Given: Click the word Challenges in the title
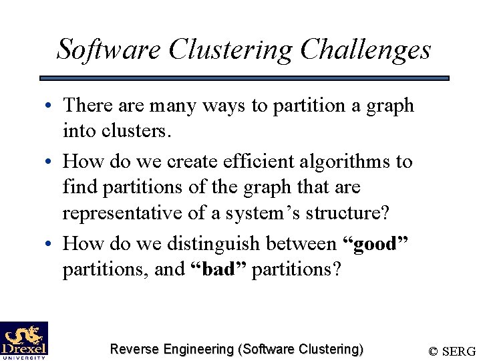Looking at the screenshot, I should point(365,49).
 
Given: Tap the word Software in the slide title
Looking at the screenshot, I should point(109,49).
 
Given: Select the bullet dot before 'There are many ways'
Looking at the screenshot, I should point(51,106).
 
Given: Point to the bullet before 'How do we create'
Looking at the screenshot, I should point(51,162).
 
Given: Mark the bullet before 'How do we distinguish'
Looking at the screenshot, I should point(51,244).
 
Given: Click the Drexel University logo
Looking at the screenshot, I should point(24,340).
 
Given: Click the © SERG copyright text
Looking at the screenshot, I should point(452,351).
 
